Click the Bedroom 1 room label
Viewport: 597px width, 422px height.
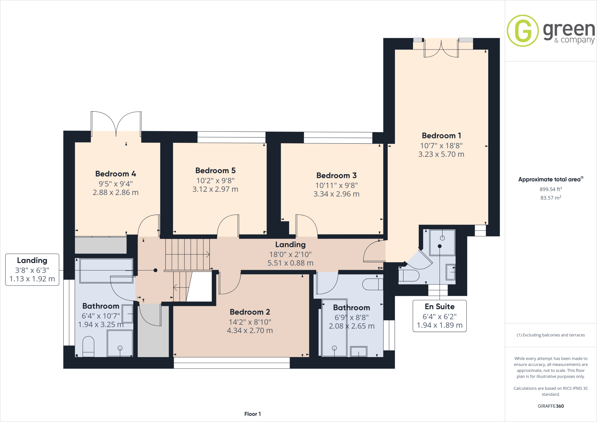tap(441, 136)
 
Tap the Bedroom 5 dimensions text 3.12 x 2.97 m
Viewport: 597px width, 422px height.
tap(215, 189)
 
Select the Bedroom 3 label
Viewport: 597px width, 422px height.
tap(336, 175)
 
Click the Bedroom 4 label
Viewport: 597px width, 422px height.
tap(115, 174)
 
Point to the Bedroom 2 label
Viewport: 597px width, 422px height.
tap(250, 312)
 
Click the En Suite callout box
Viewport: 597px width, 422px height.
tap(440, 316)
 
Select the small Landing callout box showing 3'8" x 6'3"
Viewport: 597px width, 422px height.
tap(32, 270)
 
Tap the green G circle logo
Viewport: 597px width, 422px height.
tap(523, 31)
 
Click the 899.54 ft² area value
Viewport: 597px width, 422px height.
tap(551, 189)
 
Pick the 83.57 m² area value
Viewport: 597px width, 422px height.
tap(551, 198)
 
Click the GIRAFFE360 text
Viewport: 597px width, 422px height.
tap(551, 406)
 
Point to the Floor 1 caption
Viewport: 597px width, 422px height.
tap(252, 414)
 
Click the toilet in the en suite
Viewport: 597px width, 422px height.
tap(409, 275)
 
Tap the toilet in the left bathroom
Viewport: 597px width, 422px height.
tap(88, 346)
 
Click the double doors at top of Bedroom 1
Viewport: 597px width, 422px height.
tap(441, 49)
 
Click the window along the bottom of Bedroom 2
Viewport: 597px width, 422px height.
tap(232, 363)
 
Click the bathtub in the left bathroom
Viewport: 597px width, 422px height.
tap(106, 270)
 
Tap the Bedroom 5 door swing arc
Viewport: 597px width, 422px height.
tap(228, 225)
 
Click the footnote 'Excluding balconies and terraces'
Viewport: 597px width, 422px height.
tap(551, 335)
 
